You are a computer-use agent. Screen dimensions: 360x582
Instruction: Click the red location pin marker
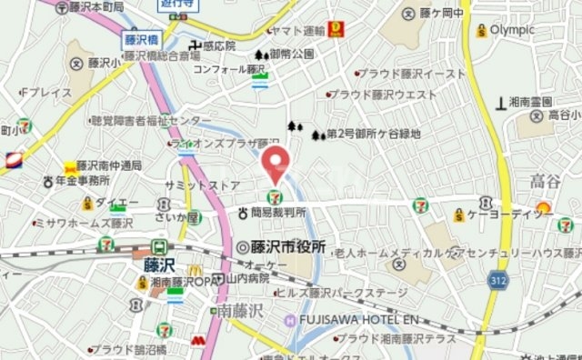click(x=276, y=164)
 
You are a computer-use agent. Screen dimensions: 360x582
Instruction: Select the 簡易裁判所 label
click(x=278, y=214)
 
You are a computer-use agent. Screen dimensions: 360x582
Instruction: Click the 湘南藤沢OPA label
click(x=182, y=283)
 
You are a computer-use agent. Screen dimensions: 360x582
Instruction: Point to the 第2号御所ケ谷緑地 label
click(x=373, y=135)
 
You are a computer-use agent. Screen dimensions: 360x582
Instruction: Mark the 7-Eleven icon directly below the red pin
click(x=273, y=195)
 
